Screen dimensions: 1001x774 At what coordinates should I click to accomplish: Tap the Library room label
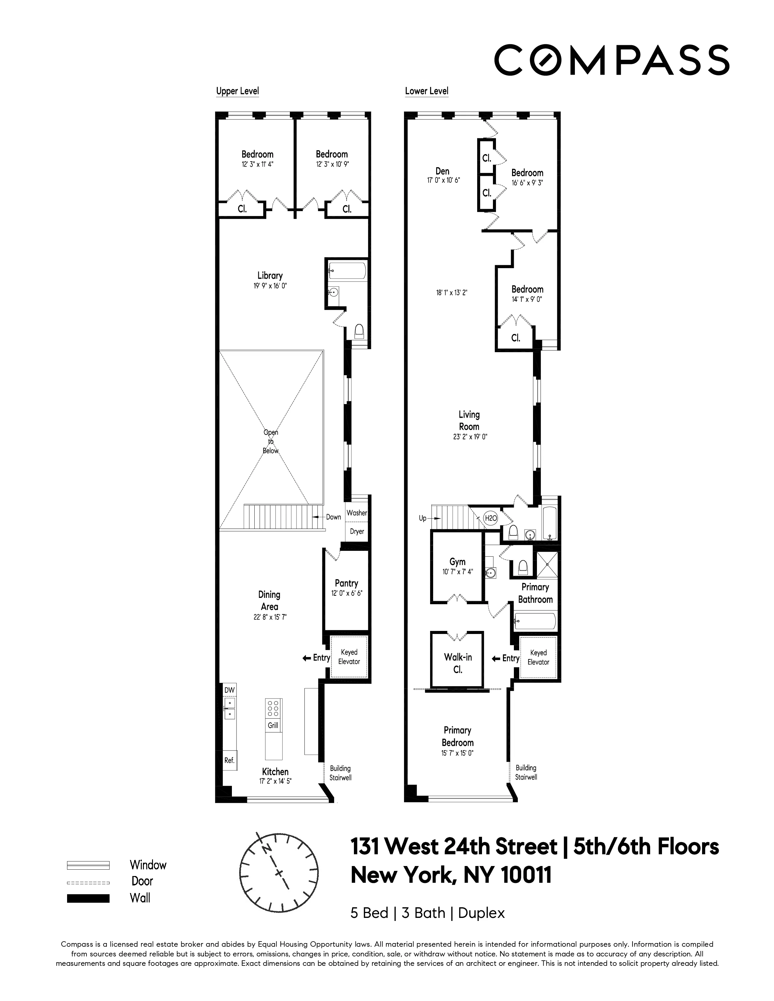270,275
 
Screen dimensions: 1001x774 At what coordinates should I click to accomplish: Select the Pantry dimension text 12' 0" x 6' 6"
347,593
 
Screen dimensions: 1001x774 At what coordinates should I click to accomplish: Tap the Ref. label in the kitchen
229,760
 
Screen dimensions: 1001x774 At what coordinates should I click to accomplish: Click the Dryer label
357,531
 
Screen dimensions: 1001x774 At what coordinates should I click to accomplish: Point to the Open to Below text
270,441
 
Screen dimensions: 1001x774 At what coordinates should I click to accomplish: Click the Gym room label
457,561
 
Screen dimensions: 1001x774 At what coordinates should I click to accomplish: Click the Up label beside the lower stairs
422,518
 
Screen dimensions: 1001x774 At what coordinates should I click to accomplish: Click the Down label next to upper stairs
333,517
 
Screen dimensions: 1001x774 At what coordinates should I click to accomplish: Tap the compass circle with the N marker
279,873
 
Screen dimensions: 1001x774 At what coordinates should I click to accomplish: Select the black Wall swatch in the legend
88,898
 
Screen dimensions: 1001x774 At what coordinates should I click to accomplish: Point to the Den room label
443,171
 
